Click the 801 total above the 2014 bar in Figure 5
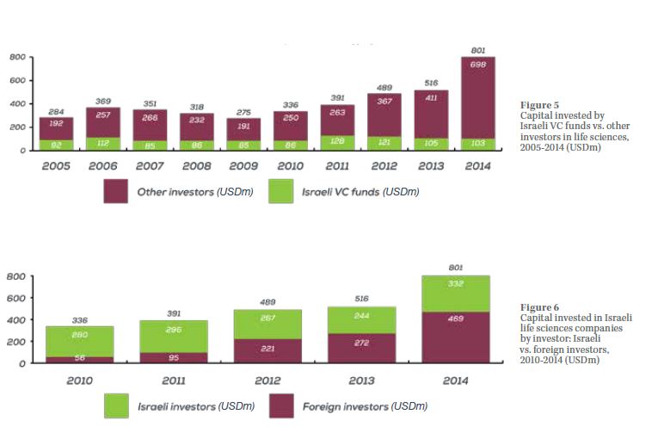(x=477, y=51)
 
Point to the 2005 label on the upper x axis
(x=57, y=165)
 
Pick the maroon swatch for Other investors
(x=116, y=191)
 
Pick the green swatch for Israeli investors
(x=116, y=405)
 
